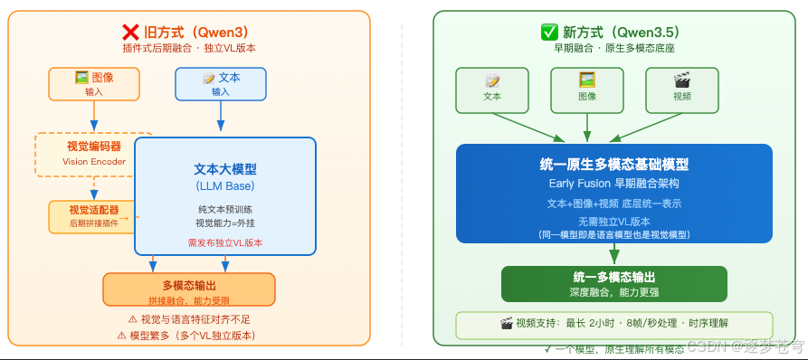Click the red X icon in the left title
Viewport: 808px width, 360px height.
(x=129, y=32)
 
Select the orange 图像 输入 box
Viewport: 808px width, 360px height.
(x=94, y=83)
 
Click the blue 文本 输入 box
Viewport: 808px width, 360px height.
(x=221, y=83)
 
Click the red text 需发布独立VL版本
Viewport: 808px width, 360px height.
(x=224, y=242)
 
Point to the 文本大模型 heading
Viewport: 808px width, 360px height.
(x=224, y=168)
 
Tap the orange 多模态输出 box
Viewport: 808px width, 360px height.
(x=188, y=290)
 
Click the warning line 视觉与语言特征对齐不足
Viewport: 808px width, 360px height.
(x=188, y=318)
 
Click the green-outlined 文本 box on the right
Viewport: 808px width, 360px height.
(x=492, y=90)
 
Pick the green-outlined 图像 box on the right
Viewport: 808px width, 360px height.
(x=586, y=90)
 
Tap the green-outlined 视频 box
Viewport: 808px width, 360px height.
(x=681, y=90)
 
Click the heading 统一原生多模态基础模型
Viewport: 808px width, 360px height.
(x=613, y=165)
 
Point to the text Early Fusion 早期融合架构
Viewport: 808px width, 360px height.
(x=613, y=184)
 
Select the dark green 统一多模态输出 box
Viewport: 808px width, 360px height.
(x=613, y=283)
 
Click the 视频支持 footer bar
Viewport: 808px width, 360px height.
(x=613, y=324)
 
